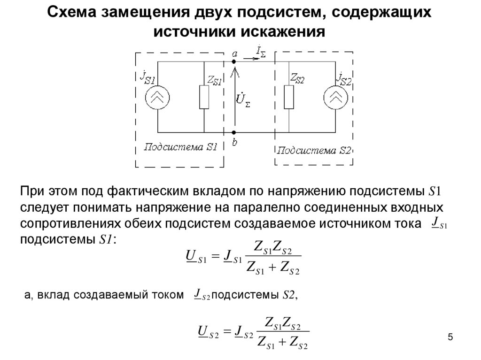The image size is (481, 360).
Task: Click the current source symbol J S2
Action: pos(334,97)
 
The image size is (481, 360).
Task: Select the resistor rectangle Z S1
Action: pos(204,97)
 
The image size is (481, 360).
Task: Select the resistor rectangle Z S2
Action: pos(288,97)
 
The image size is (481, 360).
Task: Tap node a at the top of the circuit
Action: pos(234,61)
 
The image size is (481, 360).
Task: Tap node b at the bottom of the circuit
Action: pos(234,133)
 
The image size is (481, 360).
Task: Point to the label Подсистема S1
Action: pos(180,147)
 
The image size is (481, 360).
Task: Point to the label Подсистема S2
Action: pos(314,151)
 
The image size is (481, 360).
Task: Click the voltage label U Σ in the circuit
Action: pos(243,100)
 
